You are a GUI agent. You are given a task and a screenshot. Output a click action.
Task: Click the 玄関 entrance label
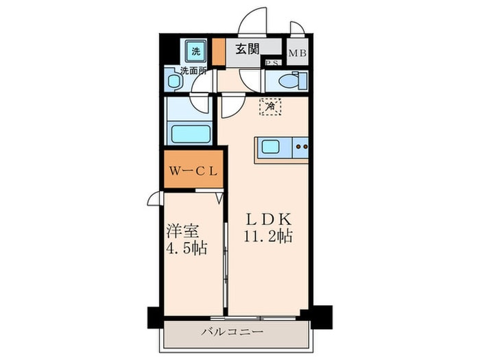[248, 49]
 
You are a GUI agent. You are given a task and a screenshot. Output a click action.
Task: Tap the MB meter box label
[298, 53]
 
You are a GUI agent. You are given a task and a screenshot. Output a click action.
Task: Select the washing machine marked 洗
[196, 51]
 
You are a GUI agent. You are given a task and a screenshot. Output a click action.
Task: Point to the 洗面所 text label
[193, 71]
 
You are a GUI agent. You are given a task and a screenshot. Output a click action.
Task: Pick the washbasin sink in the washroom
[173, 81]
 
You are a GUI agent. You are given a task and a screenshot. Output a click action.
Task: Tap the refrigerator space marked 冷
[270, 106]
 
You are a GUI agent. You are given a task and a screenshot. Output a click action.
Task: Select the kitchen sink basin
[270, 147]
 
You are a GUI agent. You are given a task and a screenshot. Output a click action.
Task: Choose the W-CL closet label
[193, 171]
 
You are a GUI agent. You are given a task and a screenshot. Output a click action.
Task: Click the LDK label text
[269, 219]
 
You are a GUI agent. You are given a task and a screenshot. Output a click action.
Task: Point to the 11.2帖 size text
[268, 237]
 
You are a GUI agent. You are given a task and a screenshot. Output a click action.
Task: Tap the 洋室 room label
[183, 232]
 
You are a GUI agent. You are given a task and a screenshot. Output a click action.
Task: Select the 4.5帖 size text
[187, 248]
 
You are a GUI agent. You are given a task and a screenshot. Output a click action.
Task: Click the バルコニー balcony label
[232, 332]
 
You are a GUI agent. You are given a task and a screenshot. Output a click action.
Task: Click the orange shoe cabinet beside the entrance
[219, 51]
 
